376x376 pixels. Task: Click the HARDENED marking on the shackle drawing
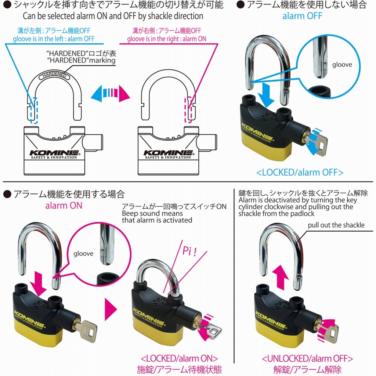point(54,75)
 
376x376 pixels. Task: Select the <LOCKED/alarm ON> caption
point(179,358)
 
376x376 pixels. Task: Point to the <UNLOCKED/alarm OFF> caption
point(307,358)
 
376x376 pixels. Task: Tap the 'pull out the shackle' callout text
point(336,225)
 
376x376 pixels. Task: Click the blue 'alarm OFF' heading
point(302,16)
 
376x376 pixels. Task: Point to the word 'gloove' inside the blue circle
point(342,65)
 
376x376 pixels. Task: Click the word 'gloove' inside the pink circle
point(83,253)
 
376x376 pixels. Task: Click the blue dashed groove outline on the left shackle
point(33,110)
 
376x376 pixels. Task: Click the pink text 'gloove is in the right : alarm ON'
point(167,39)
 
